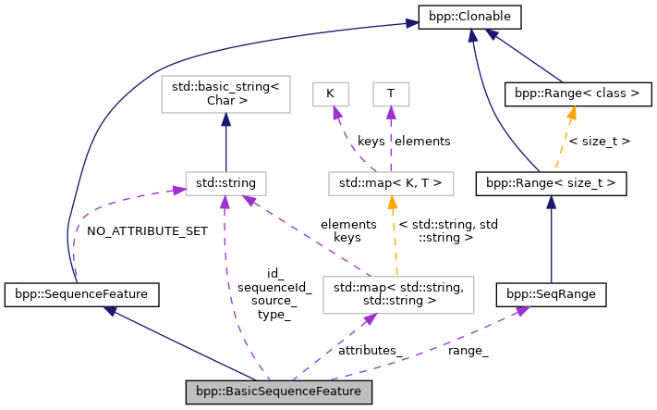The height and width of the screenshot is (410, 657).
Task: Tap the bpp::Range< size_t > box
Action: (x=551, y=184)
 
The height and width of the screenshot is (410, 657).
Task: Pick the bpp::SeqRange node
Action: (x=551, y=294)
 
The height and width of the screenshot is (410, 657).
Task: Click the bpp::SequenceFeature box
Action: (x=82, y=294)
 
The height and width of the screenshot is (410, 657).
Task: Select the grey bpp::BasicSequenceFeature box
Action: (x=279, y=392)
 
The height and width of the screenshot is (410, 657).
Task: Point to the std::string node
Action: (x=226, y=183)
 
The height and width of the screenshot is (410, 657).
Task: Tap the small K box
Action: (x=330, y=93)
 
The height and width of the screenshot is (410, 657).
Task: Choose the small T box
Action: (x=390, y=93)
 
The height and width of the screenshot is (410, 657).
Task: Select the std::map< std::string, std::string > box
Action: (x=396, y=293)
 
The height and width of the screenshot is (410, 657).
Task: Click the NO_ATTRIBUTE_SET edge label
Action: (x=147, y=230)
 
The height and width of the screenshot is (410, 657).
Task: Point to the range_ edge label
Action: (x=468, y=350)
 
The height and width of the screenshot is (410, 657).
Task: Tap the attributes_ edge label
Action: (x=370, y=350)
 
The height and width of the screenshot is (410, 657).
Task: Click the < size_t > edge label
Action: (x=600, y=142)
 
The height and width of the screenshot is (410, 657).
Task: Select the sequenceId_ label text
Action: (x=274, y=288)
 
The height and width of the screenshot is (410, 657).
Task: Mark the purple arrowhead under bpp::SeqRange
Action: (x=522, y=311)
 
